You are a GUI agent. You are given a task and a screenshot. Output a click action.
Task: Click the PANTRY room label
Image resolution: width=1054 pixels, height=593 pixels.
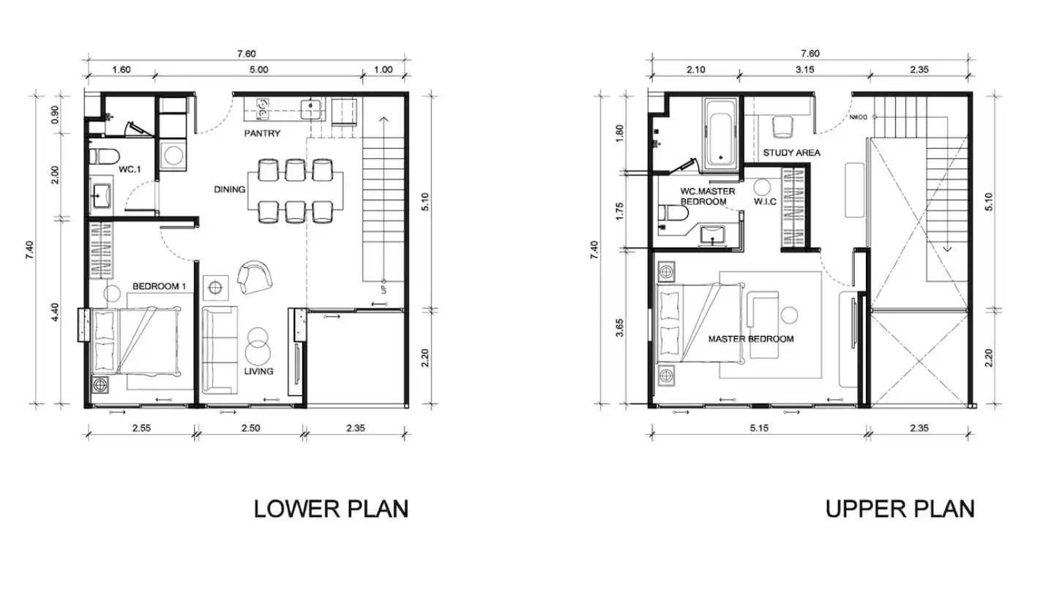click(x=262, y=134)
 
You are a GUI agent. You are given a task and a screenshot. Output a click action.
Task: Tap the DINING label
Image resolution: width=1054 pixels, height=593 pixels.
click(x=230, y=189)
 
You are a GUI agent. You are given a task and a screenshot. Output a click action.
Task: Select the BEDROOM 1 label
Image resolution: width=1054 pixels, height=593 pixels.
click(x=159, y=286)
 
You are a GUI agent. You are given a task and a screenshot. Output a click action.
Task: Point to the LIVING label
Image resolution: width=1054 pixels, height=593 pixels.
click(x=258, y=371)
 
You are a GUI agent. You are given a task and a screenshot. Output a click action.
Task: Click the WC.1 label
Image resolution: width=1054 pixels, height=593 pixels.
click(x=130, y=169)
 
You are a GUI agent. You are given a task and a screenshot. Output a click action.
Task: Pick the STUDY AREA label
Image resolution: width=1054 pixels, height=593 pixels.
click(x=791, y=153)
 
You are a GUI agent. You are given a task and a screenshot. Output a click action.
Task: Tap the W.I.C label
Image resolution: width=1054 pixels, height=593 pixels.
click(x=765, y=202)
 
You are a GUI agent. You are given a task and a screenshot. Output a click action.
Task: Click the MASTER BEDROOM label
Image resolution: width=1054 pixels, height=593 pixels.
click(x=751, y=339)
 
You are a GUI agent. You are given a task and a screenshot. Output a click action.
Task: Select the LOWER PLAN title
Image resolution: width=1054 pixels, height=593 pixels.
click(x=332, y=510)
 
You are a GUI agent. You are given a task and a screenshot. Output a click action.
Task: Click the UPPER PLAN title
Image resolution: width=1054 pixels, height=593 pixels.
click(x=900, y=510)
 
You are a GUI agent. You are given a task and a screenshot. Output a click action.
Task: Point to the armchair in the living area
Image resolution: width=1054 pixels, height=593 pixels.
click(x=255, y=277)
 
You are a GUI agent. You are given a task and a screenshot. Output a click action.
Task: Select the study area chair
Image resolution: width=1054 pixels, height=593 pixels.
click(x=782, y=127)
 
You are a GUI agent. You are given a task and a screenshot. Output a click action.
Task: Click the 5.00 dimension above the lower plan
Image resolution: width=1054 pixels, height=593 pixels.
click(x=259, y=70)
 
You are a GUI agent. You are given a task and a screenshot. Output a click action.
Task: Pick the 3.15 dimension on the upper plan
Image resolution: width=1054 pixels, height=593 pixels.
click(x=804, y=70)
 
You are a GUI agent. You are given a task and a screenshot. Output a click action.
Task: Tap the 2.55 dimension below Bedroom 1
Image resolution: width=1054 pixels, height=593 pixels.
click(x=141, y=428)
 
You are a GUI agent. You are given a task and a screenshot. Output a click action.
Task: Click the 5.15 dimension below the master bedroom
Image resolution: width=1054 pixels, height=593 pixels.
click(x=759, y=428)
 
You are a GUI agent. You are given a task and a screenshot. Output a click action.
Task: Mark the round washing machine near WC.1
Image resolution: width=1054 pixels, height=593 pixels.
click(x=173, y=155)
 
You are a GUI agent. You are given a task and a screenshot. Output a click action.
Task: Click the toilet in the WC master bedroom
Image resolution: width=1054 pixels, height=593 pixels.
click(x=673, y=213)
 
